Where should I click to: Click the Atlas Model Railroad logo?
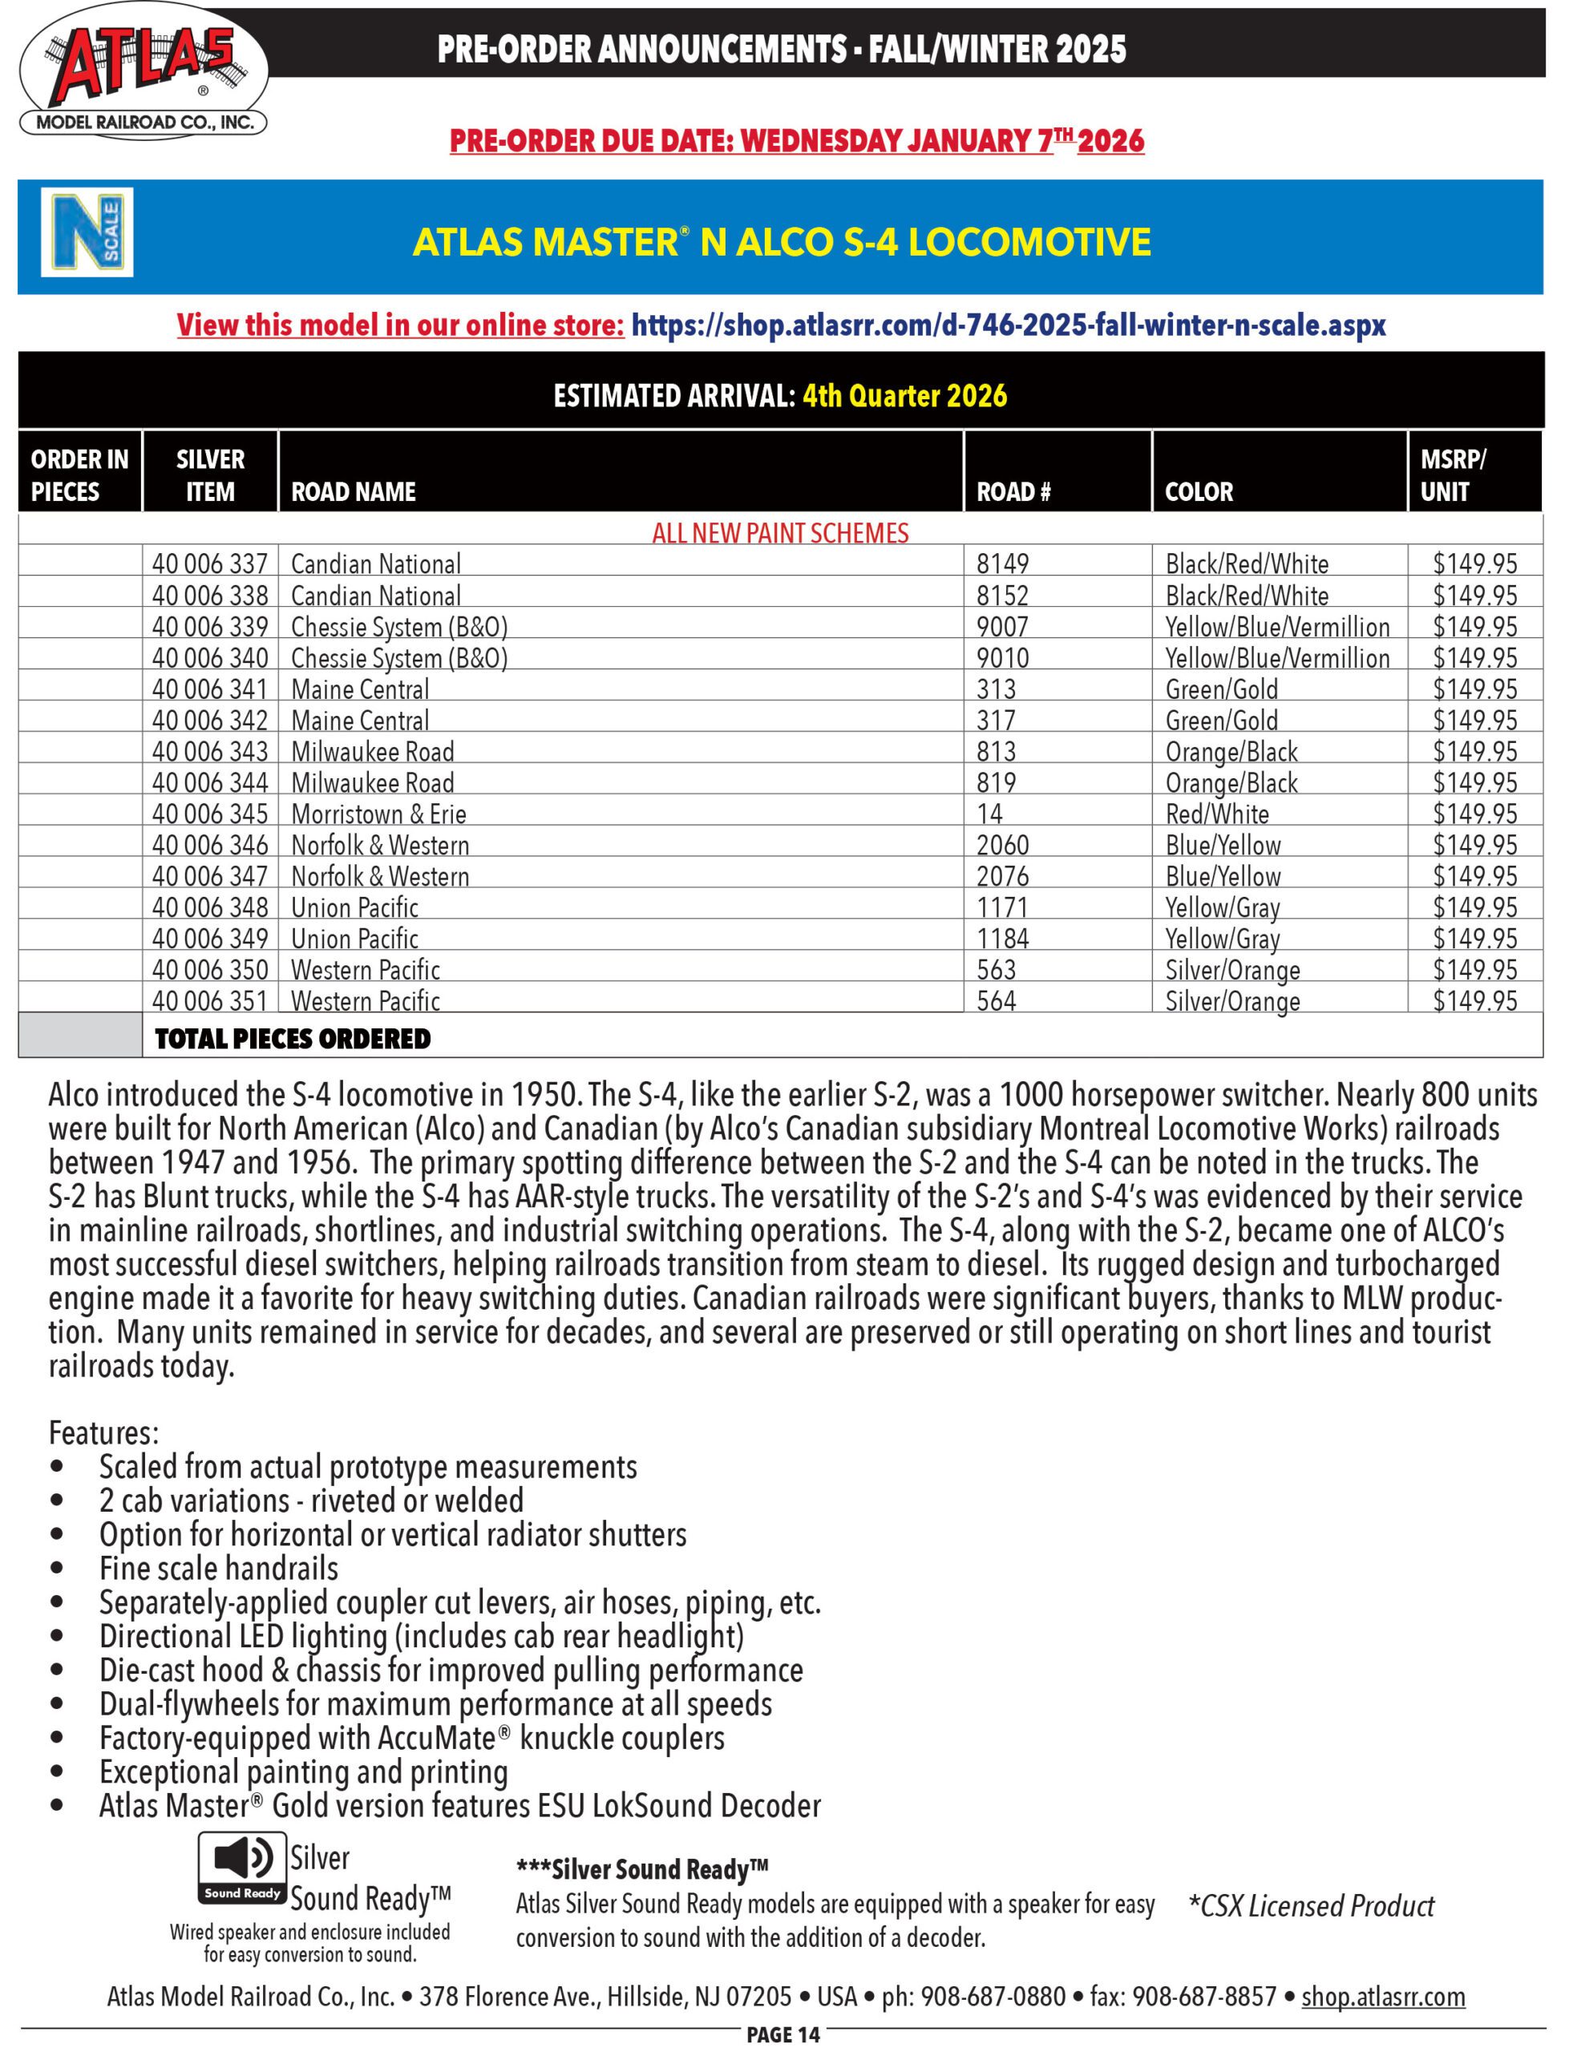pyautogui.click(x=143, y=73)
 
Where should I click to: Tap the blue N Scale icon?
pyautogui.click(x=86, y=232)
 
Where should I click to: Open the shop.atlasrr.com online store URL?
pyautogui.click(x=1008, y=325)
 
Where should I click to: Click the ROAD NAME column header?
pyautogui.click(x=353, y=491)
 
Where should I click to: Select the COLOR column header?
pyautogui.click(x=1199, y=491)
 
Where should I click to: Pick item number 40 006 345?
pyautogui.click(x=210, y=814)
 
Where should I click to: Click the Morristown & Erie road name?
pyautogui.click(x=378, y=814)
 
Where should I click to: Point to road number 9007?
pyautogui.click(x=1002, y=627)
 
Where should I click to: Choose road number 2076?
pyautogui.click(x=1002, y=877)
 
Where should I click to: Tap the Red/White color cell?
pyautogui.click(x=1216, y=814)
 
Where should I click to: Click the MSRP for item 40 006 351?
pyautogui.click(x=1474, y=1002)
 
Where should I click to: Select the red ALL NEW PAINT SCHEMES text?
pyautogui.click(x=780, y=534)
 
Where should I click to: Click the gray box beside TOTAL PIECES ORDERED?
pyautogui.click(x=79, y=1036)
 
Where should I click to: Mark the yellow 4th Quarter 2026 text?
pyautogui.click(x=904, y=396)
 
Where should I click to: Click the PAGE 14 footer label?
pyautogui.click(x=782, y=2035)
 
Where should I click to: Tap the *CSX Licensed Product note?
pyautogui.click(x=1310, y=1906)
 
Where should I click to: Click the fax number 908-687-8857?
pyautogui.click(x=1204, y=1997)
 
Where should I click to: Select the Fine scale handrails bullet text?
pyautogui.click(x=218, y=1568)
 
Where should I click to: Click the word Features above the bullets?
pyautogui.click(x=103, y=1433)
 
